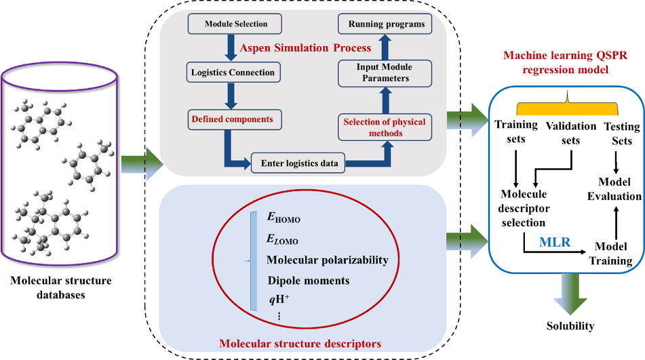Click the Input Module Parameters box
click(x=385, y=73)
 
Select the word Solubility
click(x=570, y=327)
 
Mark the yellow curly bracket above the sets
click(x=566, y=108)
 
